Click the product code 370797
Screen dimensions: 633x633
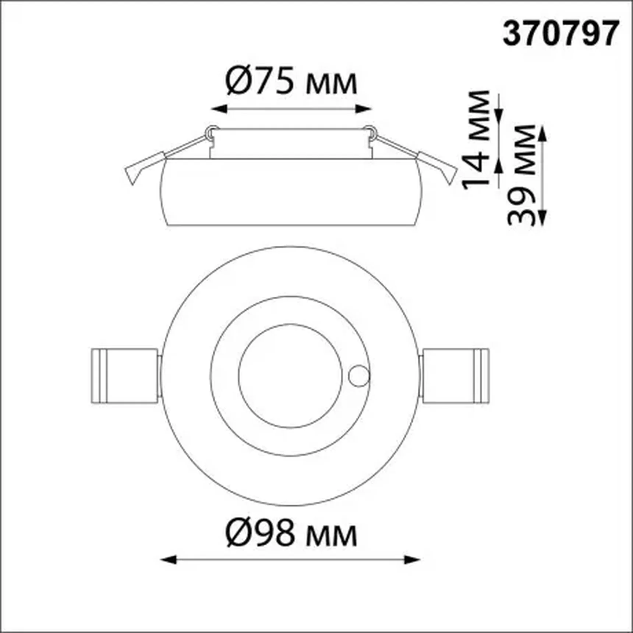point(560,33)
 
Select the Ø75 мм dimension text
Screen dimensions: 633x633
point(291,81)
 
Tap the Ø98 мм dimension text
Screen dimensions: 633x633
point(291,533)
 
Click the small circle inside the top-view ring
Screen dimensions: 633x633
point(359,376)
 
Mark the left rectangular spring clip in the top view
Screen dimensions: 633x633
point(125,375)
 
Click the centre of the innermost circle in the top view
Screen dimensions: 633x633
point(291,376)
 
